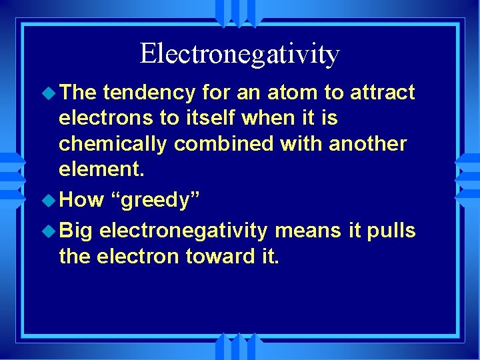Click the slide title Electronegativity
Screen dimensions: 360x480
239,54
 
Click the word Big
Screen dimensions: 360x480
77,231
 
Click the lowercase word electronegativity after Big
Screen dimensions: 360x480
184,231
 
